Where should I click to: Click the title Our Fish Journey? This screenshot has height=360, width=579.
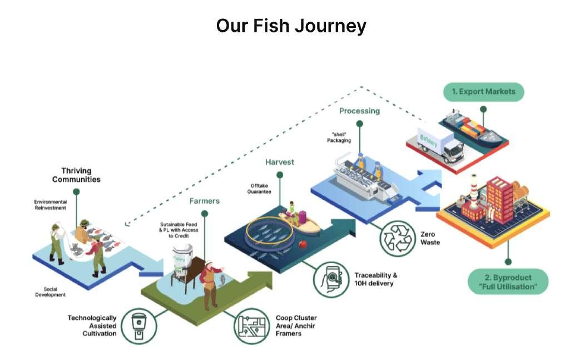291,26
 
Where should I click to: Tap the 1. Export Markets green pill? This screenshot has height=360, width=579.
483,92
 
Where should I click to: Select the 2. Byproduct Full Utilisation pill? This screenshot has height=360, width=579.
508,282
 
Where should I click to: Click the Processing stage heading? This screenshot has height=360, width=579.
359,111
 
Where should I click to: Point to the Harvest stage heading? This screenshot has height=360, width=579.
279,162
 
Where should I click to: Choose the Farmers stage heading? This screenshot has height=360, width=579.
205,201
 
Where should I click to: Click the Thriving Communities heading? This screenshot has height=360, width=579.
76,175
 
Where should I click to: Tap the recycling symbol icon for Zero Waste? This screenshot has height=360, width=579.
397,238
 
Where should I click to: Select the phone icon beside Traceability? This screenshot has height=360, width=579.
332,279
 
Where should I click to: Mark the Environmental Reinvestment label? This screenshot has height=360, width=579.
51,204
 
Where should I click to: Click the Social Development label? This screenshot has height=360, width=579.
54,292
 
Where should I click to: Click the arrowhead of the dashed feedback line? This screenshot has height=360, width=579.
127,224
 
